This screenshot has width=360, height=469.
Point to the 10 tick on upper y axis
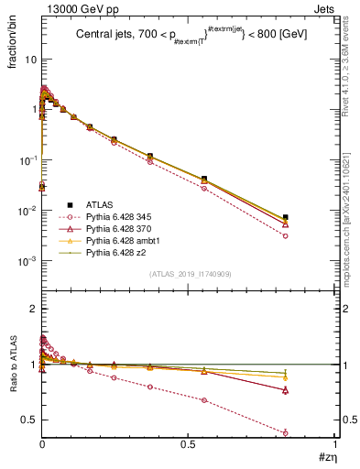30,59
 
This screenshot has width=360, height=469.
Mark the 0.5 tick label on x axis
188,446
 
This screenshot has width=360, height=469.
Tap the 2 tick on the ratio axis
33,309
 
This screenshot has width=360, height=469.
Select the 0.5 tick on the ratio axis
29,420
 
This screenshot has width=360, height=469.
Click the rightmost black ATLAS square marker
286,217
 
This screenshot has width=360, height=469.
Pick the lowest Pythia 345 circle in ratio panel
286,432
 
